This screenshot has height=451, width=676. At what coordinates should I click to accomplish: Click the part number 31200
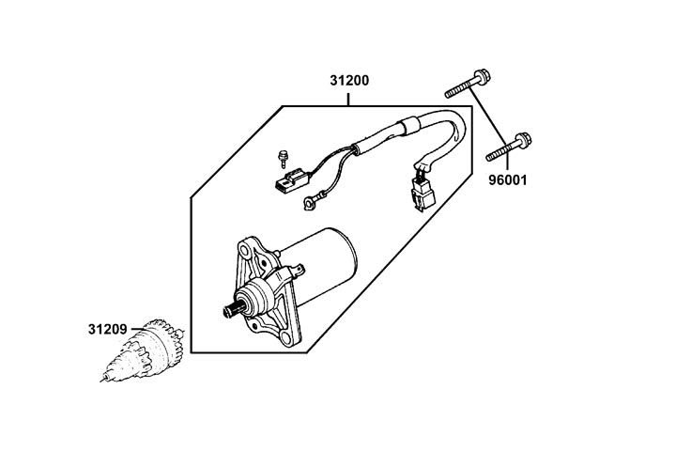(348, 81)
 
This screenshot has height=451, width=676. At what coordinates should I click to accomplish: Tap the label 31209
(108, 331)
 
